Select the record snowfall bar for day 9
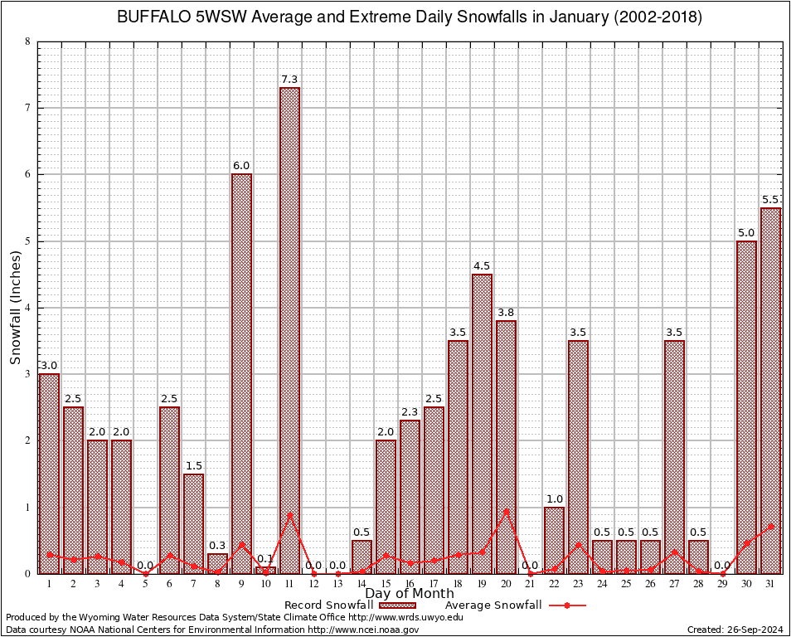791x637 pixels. pyautogui.click(x=241, y=373)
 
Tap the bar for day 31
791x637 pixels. pyautogui.click(x=770, y=390)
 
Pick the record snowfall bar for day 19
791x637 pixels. pyautogui.click(x=482, y=423)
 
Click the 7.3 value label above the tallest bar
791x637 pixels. pyautogui.click(x=289, y=80)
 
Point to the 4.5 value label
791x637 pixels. pyautogui.click(x=482, y=266)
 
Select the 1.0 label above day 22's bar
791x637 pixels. pyautogui.click(x=554, y=499)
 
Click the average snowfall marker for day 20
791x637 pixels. pyautogui.click(x=506, y=512)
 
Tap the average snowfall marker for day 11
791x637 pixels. pyautogui.click(x=289, y=515)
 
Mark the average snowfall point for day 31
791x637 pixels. pyautogui.click(x=770, y=526)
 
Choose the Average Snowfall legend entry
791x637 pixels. pyautogui.click(x=493, y=605)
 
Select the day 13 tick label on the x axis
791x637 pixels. pyautogui.click(x=337, y=584)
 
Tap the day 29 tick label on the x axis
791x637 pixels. pyautogui.click(x=722, y=584)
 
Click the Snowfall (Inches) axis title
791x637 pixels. pyautogui.click(x=16, y=308)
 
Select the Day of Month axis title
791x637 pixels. pyautogui.click(x=410, y=594)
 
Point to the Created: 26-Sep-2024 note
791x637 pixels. pyautogui.click(x=735, y=630)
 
